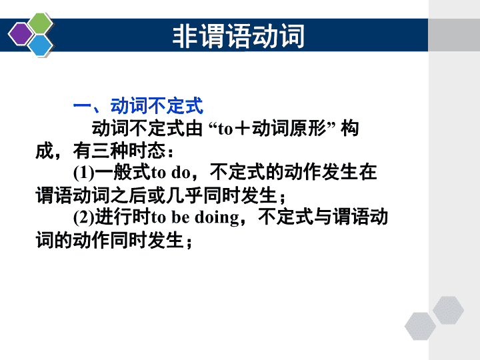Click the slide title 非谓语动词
[239, 36]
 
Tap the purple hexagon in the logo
[21, 34]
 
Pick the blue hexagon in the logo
[40, 45]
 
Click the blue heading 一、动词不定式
[138, 106]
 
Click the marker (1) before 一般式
[84, 173]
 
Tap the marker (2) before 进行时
[84, 217]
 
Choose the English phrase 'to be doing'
[195, 217]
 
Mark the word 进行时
[123, 217]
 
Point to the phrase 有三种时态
[119, 150]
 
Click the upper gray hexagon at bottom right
[448, 310]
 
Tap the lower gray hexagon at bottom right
[420, 326]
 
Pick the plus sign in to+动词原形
[243, 129]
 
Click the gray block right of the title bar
[454, 35]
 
